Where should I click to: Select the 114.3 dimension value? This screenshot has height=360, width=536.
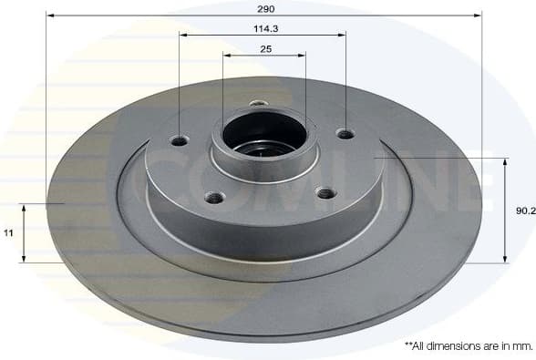(x=264, y=27)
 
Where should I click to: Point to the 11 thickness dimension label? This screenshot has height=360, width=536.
(x=8, y=233)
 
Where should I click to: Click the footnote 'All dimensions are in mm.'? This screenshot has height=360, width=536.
(x=468, y=346)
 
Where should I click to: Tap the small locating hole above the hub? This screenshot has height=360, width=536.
(x=258, y=103)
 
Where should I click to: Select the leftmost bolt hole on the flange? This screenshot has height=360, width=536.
(x=180, y=140)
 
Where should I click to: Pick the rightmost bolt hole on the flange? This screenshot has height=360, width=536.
(x=345, y=134)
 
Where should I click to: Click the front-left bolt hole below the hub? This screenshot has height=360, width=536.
(x=214, y=196)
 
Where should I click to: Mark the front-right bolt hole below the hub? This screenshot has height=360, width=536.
(x=324, y=191)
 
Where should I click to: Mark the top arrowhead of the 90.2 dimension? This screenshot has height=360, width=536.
(x=504, y=161)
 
